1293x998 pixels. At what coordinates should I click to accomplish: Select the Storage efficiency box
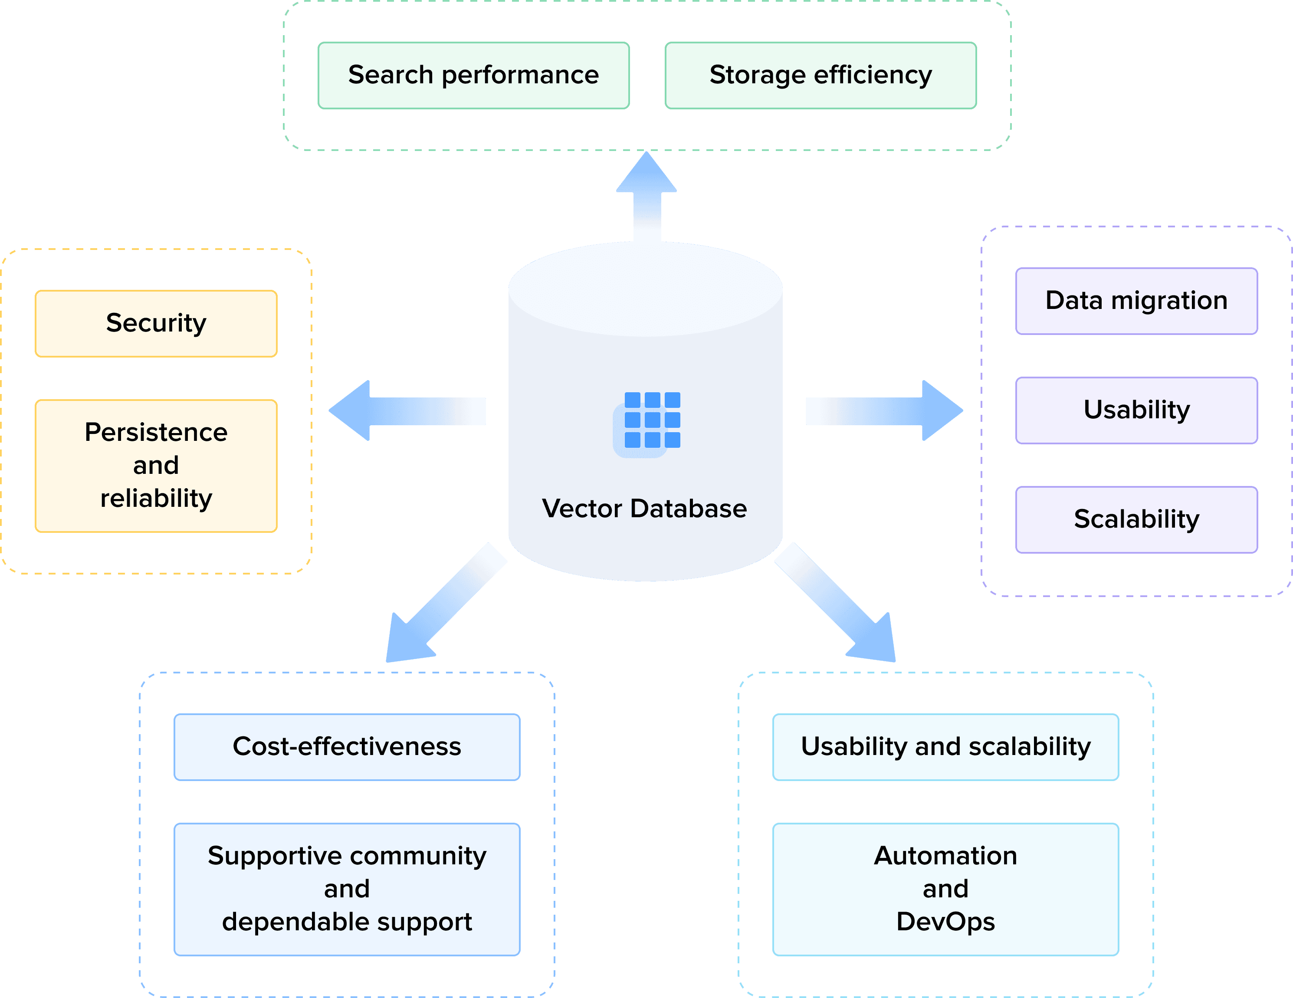click(x=820, y=75)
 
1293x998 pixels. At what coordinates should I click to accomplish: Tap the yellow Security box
click(x=156, y=323)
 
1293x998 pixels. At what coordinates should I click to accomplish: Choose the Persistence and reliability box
click(x=156, y=465)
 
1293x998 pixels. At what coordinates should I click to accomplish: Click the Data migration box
click(x=1136, y=301)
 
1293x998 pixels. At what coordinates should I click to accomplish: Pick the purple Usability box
click(x=1136, y=410)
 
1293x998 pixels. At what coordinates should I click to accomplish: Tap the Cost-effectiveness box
click(x=347, y=746)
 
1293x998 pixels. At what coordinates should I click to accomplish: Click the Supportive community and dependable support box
click(x=347, y=889)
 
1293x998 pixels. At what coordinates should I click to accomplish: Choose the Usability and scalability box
click(x=945, y=746)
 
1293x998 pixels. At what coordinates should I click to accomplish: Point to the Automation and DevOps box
click(x=945, y=889)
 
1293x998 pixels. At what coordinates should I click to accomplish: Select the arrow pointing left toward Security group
click(x=408, y=411)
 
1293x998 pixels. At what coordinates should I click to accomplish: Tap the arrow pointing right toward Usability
click(x=882, y=411)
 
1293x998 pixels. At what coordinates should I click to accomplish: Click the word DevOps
click(x=945, y=922)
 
